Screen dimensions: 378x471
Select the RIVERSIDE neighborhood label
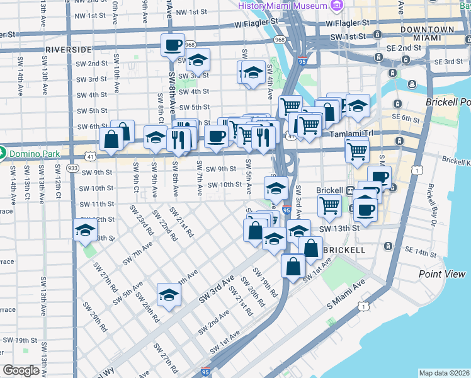click(x=69, y=49)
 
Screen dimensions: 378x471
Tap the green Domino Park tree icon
click(x=3, y=153)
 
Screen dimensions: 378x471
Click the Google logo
click(x=21, y=370)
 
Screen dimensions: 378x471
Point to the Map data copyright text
click(x=444, y=373)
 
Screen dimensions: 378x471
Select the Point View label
click(x=442, y=274)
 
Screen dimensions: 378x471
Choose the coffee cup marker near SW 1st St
click(x=172, y=45)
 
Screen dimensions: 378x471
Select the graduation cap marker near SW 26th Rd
click(x=169, y=295)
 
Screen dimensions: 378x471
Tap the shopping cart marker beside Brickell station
click(x=330, y=205)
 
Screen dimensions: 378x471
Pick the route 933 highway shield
click(x=73, y=168)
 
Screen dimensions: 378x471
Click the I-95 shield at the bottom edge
click(x=205, y=373)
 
